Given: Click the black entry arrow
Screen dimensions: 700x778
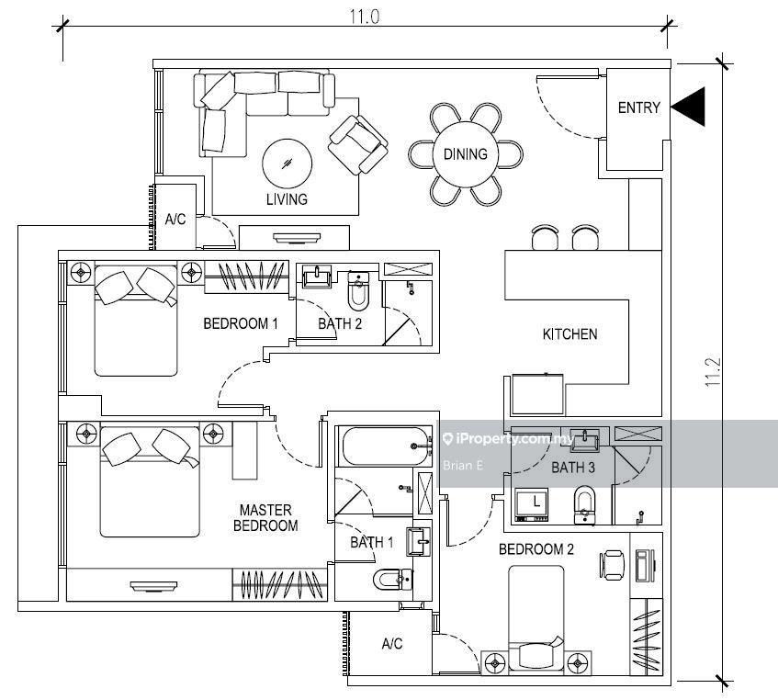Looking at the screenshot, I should point(690,107).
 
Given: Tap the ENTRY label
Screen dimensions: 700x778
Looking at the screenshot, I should point(638,107).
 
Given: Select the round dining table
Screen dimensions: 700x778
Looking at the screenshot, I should point(466,154).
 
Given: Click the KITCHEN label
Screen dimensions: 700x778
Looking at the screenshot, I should point(569,334).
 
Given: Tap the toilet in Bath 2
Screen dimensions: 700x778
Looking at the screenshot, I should point(359,291).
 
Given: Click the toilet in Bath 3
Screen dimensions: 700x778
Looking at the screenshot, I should point(584,504).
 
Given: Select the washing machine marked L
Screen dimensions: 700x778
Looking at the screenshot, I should point(533,504).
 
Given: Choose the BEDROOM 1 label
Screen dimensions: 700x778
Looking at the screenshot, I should point(240,323).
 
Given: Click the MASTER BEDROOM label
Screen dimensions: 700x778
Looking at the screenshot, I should point(265,518).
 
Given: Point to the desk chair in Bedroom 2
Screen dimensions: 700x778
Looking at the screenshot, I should point(613,564).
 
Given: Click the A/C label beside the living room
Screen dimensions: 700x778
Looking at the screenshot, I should point(175,220).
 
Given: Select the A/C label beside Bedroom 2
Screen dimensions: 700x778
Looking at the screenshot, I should point(391,644).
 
